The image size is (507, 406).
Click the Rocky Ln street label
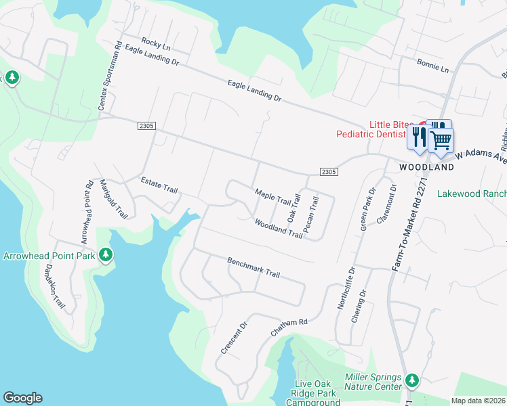(x=157, y=45)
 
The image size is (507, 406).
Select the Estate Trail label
(x=159, y=185)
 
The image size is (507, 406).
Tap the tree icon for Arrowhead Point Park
(x=105, y=255)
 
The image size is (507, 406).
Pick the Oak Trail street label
(x=293, y=208)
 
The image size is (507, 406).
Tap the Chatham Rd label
(x=289, y=328)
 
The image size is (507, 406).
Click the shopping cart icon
(x=441, y=141)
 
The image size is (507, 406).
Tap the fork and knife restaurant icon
(x=418, y=137)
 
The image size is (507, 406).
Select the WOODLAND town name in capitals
(x=426, y=166)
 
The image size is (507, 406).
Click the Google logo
(x=22, y=398)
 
